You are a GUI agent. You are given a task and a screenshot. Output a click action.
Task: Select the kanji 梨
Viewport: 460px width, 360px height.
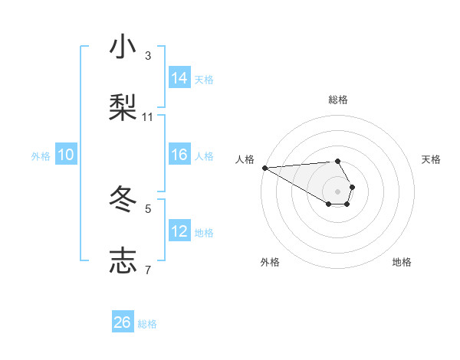tap(123, 107)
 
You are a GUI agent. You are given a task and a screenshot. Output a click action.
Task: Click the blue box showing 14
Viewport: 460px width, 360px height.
tap(179, 77)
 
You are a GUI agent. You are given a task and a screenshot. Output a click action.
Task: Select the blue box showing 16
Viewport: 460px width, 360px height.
tap(179, 155)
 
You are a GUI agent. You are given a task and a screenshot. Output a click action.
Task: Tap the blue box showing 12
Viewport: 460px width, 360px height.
tap(179, 231)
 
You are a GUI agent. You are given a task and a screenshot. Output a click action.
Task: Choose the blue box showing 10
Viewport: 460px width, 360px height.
tap(66, 155)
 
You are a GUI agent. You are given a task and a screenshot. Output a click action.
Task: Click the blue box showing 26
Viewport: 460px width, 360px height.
tap(123, 322)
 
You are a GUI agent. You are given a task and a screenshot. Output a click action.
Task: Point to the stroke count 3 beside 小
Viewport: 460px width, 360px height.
tap(147, 56)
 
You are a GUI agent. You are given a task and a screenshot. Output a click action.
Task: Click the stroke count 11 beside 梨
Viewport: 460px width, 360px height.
tap(147, 117)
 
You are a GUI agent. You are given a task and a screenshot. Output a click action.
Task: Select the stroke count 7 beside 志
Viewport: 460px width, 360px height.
tap(147, 270)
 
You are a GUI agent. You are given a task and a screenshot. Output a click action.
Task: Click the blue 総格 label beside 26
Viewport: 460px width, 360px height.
tap(147, 324)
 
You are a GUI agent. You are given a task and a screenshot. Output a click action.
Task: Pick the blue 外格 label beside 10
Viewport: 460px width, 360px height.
tap(41, 155)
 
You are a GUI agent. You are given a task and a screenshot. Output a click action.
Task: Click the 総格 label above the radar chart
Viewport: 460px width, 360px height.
tap(337, 100)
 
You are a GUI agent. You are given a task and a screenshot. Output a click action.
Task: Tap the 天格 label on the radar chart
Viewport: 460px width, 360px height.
tap(431, 159)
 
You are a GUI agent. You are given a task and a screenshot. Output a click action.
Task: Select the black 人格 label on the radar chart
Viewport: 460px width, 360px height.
tap(245, 159)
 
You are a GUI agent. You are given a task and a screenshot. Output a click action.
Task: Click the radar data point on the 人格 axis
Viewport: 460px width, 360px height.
tap(264, 168)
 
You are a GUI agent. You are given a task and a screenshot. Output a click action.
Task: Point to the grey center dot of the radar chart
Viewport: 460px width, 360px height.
tap(337, 191)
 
